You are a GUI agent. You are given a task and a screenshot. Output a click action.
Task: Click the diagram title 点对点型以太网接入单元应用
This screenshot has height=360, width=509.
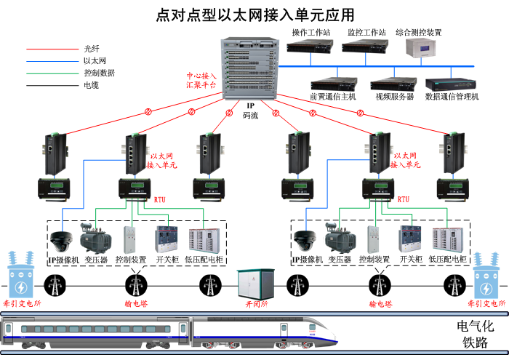255,15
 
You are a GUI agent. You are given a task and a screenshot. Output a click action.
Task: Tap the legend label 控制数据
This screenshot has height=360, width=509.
100,73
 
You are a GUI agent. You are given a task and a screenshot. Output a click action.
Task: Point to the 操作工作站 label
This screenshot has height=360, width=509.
310,33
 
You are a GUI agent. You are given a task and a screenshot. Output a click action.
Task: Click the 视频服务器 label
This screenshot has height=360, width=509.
394,96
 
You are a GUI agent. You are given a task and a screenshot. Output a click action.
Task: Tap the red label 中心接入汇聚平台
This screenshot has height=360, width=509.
201,80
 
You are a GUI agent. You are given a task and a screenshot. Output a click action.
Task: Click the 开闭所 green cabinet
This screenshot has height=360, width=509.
254,284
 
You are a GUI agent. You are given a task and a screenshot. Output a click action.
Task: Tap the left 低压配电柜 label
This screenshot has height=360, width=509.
207,260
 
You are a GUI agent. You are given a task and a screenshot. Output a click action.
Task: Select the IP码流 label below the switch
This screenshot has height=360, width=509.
249,111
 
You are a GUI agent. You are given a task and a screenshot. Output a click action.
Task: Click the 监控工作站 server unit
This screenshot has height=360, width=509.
363,47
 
